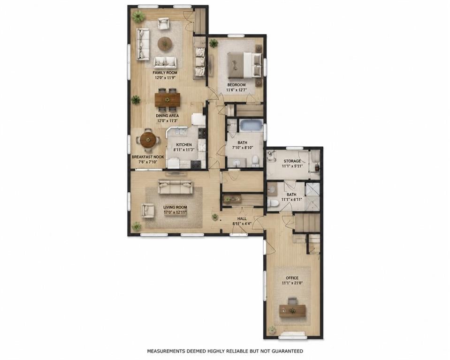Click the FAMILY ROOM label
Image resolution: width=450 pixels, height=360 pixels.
point(165,73)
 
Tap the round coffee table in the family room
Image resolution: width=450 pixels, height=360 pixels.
point(165,44)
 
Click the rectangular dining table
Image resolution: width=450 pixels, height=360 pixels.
point(168,100)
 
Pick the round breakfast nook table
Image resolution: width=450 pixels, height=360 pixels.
point(148,140)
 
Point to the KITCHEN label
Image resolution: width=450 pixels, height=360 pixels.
point(184,145)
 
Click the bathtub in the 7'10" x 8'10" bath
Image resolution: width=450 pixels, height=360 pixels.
point(252,126)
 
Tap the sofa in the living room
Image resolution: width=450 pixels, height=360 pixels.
point(175,187)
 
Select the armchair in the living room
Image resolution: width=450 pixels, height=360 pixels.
point(148,210)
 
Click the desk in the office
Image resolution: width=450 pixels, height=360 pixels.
point(292,311)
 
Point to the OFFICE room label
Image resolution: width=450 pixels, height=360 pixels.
point(292,278)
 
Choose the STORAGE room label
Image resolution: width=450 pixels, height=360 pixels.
point(292,161)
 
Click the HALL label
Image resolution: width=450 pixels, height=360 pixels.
point(242,219)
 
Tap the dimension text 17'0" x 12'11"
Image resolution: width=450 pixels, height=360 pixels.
point(175,212)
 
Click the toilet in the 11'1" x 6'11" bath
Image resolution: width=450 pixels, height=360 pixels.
point(273,203)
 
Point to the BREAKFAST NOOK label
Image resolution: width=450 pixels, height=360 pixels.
point(148,157)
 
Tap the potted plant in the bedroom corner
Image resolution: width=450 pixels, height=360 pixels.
point(214,43)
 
